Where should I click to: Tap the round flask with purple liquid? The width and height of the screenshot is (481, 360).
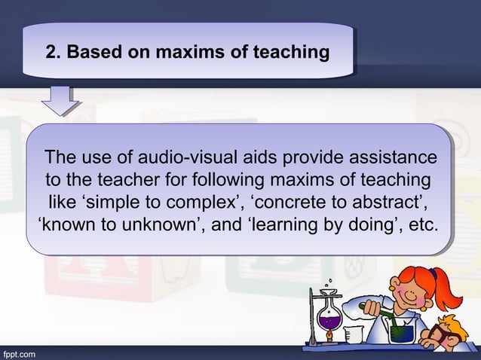[x=329, y=322]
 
